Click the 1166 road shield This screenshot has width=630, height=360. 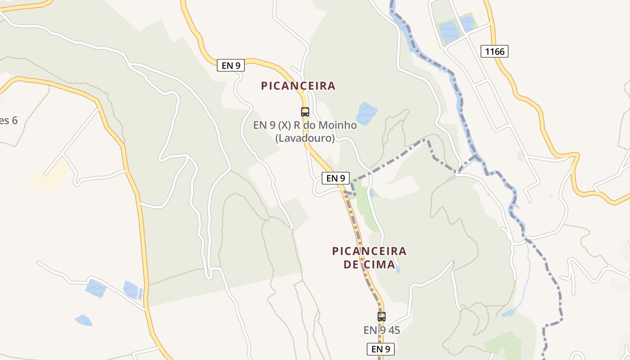pyautogui.click(x=495, y=51)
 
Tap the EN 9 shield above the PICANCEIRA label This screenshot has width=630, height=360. pyautogui.click(x=231, y=65)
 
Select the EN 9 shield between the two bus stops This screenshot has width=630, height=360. pyautogui.click(x=336, y=178)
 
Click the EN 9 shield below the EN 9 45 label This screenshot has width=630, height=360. pyautogui.click(x=380, y=349)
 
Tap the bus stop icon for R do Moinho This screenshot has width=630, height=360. pyautogui.click(x=305, y=112)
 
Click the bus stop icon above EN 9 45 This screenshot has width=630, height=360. pyautogui.click(x=382, y=316)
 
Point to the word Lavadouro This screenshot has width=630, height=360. pyautogui.click(x=305, y=138)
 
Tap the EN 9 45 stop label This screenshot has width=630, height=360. pyautogui.click(x=382, y=330)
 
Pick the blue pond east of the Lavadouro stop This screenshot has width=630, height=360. pyautogui.click(x=367, y=113)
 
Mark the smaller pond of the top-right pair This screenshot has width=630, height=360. pyautogui.click(x=468, y=22)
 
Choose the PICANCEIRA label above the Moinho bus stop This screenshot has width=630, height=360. pyautogui.click(x=298, y=85)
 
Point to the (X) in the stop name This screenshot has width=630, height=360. pyautogui.click(x=284, y=125)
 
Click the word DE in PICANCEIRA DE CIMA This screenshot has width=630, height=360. pyautogui.click(x=351, y=264)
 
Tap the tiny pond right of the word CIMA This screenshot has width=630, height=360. pyautogui.click(x=397, y=270)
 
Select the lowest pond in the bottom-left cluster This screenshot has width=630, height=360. pyautogui.click(x=84, y=320)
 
